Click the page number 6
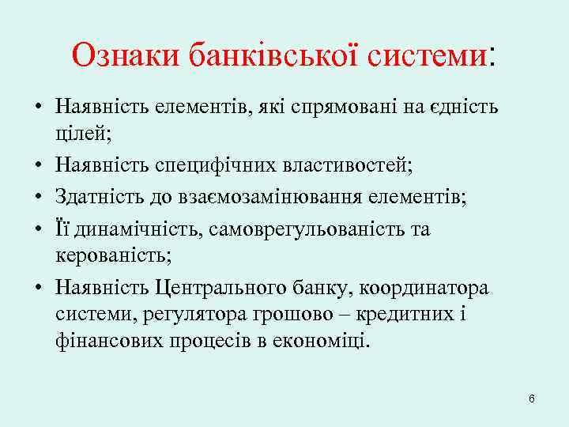coord(532,398)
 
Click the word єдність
coord(467,106)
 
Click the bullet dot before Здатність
coord(37,196)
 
